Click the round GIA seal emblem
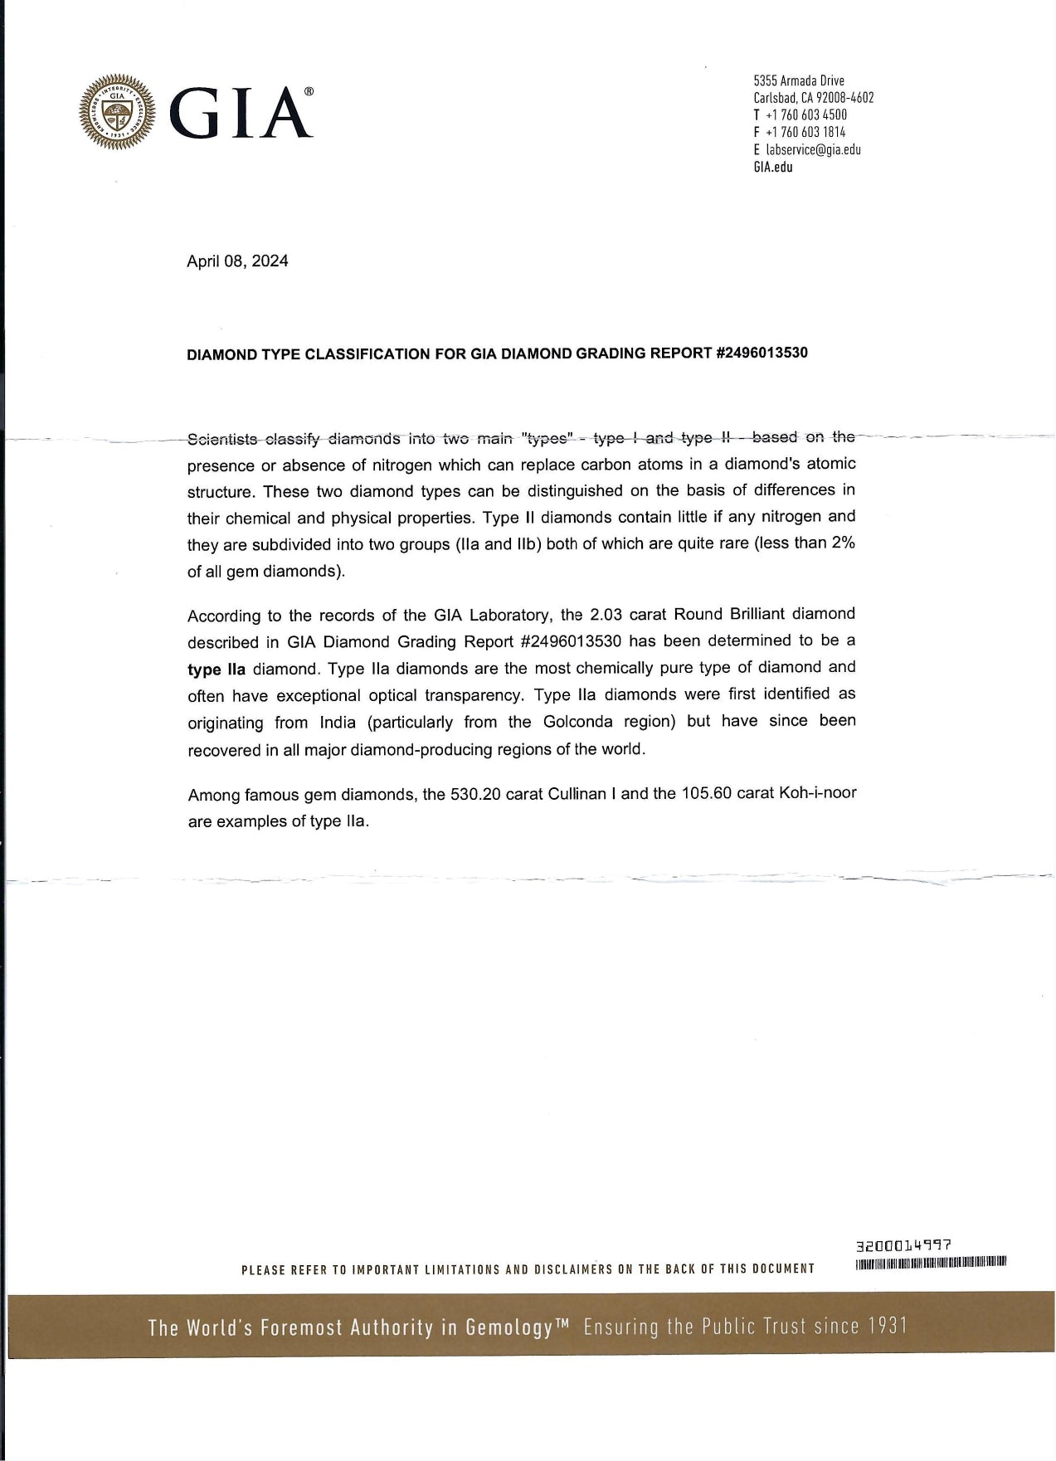coord(117,112)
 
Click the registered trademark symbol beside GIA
coord(309,93)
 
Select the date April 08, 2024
coord(237,261)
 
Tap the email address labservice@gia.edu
coord(813,149)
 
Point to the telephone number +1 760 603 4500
coord(806,114)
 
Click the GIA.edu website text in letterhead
coord(772,167)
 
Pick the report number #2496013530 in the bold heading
coord(761,353)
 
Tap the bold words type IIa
coord(217,670)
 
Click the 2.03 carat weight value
coord(609,615)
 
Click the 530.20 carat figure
coord(475,794)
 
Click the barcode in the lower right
coord(929,1264)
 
